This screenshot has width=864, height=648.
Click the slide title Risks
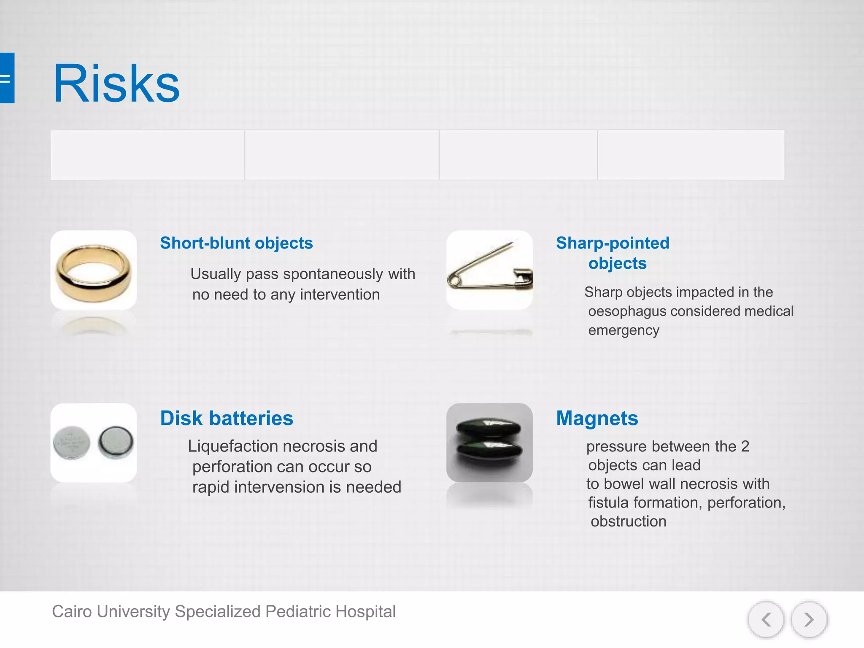[x=116, y=84]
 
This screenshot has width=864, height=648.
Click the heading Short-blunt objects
[x=236, y=243]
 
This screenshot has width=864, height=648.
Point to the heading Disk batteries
[x=227, y=418]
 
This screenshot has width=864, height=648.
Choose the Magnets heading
[x=597, y=418]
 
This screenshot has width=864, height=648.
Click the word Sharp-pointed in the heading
[x=613, y=243]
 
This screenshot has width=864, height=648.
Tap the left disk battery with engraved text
[x=72, y=443]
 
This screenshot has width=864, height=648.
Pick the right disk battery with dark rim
[x=116, y=442]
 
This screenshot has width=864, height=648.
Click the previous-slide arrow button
[x=766, y=620]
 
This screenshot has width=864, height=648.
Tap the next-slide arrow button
[x=809, y=620]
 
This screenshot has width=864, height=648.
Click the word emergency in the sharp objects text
[x=624, y=330]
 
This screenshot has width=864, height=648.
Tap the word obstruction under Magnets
[x=628, y=521]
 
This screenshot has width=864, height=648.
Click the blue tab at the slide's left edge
[x=7, y=78]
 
